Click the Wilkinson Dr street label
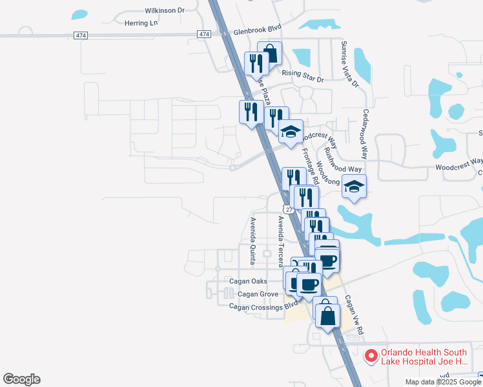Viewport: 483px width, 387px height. point(165,10)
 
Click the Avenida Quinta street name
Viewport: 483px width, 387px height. point(253,241)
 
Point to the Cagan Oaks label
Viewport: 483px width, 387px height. point(248,281)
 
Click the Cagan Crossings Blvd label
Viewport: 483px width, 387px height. point(263,306)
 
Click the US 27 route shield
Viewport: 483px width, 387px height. point(288,209)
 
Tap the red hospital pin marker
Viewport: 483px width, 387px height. point(371,355)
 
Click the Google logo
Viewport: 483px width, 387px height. point(21,379)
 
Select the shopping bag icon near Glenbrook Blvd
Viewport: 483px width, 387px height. point(270,54)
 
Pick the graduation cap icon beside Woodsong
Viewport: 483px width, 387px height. point(354,186)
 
